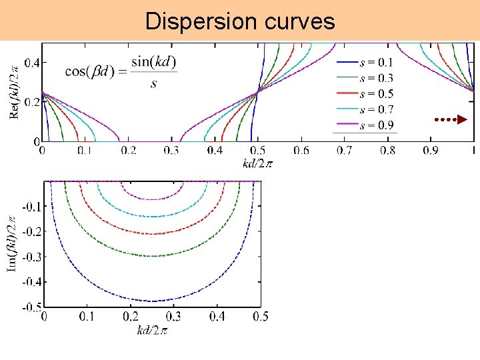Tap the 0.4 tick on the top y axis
pos(31,63)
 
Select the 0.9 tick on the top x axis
pos(431,151)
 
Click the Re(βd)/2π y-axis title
pos(15,87)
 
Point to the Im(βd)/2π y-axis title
pos(12,243)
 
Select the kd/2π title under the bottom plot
pos(152,330)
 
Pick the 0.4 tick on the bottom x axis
pos(215,317)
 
